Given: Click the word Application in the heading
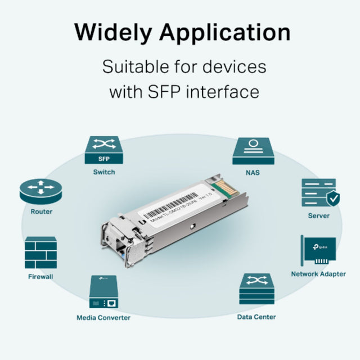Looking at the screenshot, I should point(226,33).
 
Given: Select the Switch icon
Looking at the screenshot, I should point(103,150).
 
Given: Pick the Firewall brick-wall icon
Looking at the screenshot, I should point(41,253).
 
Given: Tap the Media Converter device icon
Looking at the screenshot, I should point(103,292).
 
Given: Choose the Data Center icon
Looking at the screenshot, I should point(256,290).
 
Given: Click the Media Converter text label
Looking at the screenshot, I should point(103,318).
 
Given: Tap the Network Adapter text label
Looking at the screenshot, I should point(318,274).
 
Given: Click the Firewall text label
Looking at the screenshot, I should point(41,277).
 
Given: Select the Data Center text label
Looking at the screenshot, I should point(256,317).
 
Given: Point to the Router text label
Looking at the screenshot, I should point(41,212).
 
